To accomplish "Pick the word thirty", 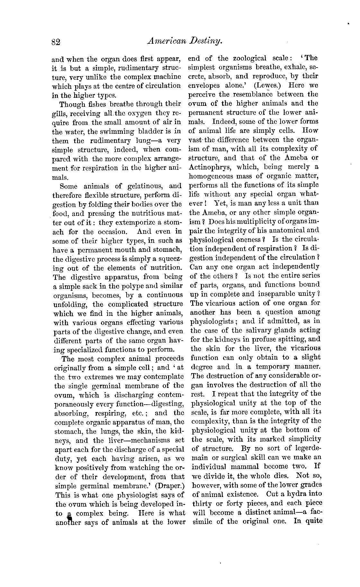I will point(203,503).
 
